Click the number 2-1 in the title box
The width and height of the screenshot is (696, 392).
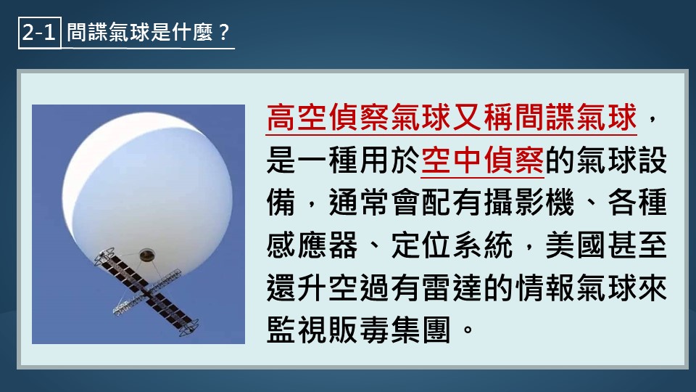click(38, 33)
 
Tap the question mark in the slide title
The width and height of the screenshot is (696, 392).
click(224, 33)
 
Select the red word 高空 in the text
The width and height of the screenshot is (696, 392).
click(297, 118)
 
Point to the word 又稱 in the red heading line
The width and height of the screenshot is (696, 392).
click(484, 118)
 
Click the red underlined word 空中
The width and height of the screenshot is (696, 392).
click(452, 160)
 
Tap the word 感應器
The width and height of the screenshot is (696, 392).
click(312, 245)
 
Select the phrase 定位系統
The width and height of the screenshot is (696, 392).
click(452, 245)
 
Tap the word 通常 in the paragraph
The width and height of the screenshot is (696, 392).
click(359, 203)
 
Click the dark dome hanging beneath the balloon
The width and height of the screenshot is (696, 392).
click(147, 255)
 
